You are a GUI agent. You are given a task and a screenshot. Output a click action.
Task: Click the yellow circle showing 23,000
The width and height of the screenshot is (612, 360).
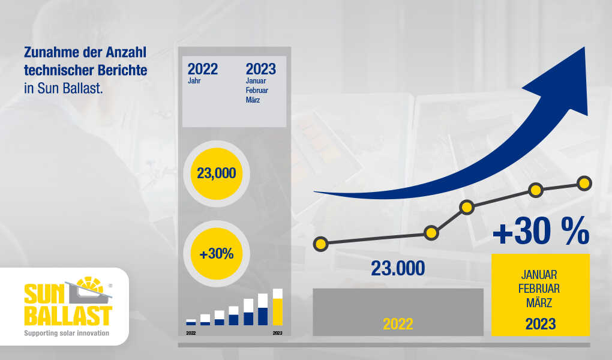click(216, 173)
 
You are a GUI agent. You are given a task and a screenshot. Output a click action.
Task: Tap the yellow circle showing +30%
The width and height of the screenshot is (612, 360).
click(216, 254)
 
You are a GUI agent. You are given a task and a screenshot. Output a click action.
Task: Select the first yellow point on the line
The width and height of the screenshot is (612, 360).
click(320, 244)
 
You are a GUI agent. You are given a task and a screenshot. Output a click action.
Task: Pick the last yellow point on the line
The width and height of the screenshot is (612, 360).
click(584, 183)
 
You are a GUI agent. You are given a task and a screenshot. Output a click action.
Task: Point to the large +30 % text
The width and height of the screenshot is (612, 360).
click(541, 231)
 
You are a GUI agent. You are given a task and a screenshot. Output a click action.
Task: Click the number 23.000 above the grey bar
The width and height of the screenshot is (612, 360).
click(398, 268)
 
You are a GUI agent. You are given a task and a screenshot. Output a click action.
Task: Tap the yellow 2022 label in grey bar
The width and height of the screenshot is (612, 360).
click(398, 324)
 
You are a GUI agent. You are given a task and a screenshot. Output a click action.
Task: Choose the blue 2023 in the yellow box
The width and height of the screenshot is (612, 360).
click(540, 324)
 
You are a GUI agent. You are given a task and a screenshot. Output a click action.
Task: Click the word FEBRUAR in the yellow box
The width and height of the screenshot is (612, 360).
click(539, 289)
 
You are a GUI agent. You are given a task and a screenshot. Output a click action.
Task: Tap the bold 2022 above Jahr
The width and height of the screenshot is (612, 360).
click(203, 69)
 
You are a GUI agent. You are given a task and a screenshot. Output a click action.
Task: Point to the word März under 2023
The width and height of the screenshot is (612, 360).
click(253, 100)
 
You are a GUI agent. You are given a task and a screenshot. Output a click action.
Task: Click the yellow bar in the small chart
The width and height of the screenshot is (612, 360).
click(278, 312)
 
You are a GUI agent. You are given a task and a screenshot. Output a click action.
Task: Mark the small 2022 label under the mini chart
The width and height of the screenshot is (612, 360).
click(191, 333)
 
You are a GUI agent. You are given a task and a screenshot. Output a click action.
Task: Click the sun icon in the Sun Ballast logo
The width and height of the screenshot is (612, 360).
click(90, 286)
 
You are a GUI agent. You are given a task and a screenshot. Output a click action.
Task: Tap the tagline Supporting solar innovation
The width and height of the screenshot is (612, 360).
click(67, 333)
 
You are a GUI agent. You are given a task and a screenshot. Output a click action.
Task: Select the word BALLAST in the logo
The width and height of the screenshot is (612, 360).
click(68, 316)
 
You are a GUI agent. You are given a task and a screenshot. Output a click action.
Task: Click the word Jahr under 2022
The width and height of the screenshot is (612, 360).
click(194, 81)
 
